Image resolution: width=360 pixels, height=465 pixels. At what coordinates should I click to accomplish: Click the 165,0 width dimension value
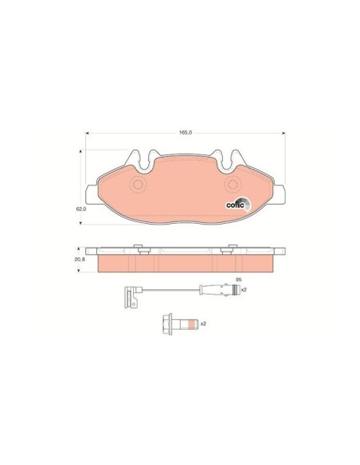point(186,132)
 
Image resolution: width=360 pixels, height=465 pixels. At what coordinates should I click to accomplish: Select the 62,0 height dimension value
point(81,209)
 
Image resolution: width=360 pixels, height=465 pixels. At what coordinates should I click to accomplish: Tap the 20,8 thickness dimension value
point(80,259)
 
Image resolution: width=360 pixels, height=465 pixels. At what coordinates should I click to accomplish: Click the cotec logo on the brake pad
point(238,205)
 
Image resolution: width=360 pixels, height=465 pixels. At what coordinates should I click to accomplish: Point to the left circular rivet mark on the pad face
point(138,185)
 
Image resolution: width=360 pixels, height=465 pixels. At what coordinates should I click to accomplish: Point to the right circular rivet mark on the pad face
point(233,185)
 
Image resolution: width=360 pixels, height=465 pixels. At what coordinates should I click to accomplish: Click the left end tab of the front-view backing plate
point(92,194)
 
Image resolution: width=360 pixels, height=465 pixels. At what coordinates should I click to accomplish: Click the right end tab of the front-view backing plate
point(280,194)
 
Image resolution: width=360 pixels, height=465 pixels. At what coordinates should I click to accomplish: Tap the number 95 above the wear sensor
point(238,279)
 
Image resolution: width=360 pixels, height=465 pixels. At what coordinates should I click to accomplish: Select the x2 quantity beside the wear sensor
point(244,290)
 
